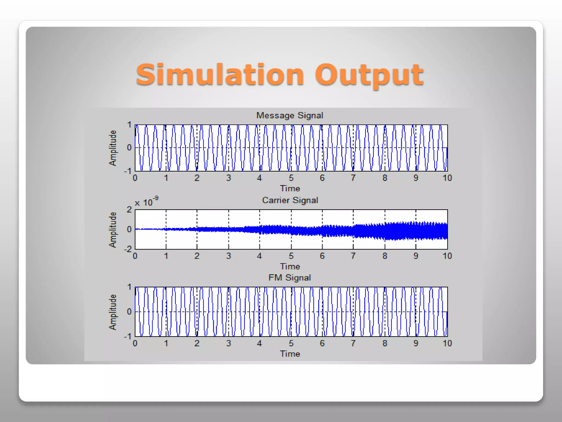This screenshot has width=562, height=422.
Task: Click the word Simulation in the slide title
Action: tap(220, 75)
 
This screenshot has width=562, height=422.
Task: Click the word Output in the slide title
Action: tap(369, 75)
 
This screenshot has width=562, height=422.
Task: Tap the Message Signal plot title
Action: tap(290, 115)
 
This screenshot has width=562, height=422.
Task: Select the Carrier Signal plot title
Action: tap(290, 200)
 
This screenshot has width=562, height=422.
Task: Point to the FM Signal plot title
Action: tap(290, 278)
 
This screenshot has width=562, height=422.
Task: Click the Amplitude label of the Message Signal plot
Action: tap(113, 148)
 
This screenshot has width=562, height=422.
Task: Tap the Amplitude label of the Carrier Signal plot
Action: tap(113, 230)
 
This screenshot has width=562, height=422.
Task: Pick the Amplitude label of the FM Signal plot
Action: tap(113, 312)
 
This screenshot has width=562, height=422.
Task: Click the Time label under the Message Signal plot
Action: tap(290, 188)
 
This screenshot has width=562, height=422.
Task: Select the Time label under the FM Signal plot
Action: tap(290, 354)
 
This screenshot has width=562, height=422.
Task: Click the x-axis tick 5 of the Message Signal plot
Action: tap(291, 178)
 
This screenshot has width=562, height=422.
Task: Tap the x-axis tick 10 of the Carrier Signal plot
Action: tap(447, 256)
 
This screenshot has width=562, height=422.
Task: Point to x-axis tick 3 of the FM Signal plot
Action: tap(229, 343)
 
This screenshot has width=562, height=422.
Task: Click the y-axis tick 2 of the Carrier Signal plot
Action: tap(129, 210)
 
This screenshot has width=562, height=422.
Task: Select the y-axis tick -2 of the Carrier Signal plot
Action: tap(128, 249)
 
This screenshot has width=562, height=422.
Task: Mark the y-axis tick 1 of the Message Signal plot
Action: tap(129, 125)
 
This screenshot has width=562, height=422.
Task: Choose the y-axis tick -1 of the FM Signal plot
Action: tap(128, 336)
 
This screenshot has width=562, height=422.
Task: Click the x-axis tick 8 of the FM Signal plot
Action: tap(385, 343)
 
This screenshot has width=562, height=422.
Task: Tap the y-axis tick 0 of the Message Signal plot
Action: tap(129, 148)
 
